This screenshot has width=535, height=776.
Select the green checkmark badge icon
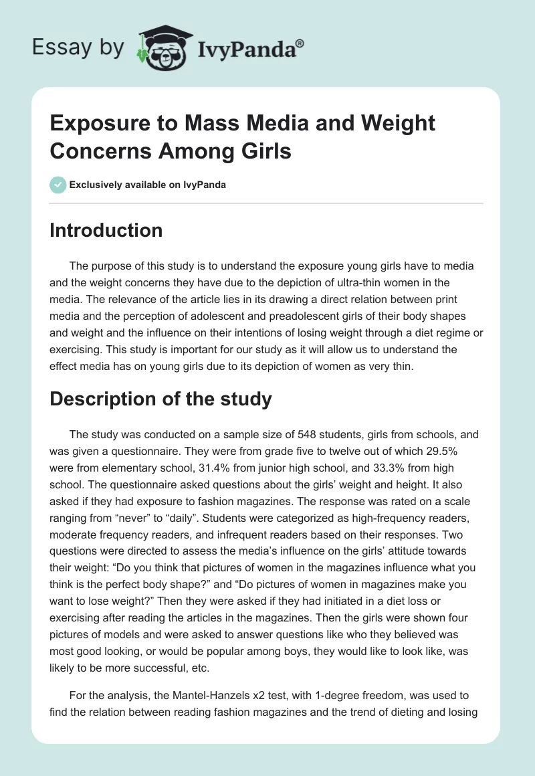tap(58, 185)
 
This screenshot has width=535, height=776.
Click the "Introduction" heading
tap(106, 230)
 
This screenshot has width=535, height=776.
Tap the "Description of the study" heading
tap(160, 399)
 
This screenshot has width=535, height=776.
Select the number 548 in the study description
tap(290, 435)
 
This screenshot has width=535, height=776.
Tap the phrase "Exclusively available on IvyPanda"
tap(148, 185)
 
